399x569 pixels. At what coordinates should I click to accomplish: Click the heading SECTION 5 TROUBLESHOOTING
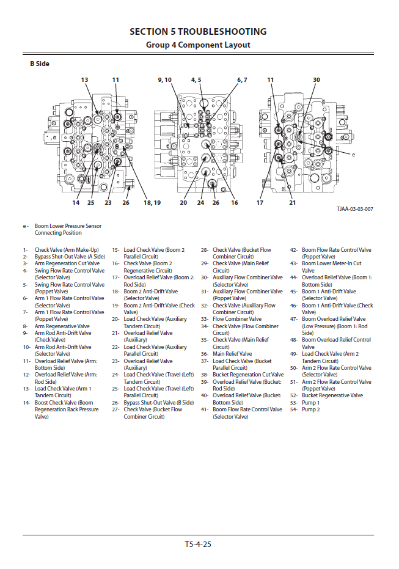point(198,32)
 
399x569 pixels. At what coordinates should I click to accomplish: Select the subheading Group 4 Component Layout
point(198,45)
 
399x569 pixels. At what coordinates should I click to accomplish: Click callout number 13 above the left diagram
point(84,80)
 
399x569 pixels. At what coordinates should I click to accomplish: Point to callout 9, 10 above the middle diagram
point(164,80)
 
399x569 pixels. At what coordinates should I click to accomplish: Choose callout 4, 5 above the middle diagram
point(196,80)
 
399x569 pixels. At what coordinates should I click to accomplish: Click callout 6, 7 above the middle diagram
point(242,80)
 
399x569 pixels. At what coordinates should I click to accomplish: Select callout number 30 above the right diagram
point(316,80)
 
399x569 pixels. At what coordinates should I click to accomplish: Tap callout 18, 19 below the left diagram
point(152,202)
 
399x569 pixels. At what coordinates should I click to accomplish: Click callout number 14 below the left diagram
point(76,202)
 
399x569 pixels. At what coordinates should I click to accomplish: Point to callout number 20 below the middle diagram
point(183,202)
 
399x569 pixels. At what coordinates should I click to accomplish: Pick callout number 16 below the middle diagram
point(234,202)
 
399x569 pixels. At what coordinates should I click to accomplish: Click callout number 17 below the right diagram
point(260,202)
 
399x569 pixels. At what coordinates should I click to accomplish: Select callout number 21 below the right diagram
point(292,202)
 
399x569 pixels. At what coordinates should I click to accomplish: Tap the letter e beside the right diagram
point(353,155)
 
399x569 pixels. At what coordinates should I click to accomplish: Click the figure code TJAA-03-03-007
point(354,209)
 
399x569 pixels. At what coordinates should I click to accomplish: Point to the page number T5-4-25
point(198,544)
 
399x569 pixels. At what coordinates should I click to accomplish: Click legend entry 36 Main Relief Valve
point(232,354)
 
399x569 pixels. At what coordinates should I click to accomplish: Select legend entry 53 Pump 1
point(310,403)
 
